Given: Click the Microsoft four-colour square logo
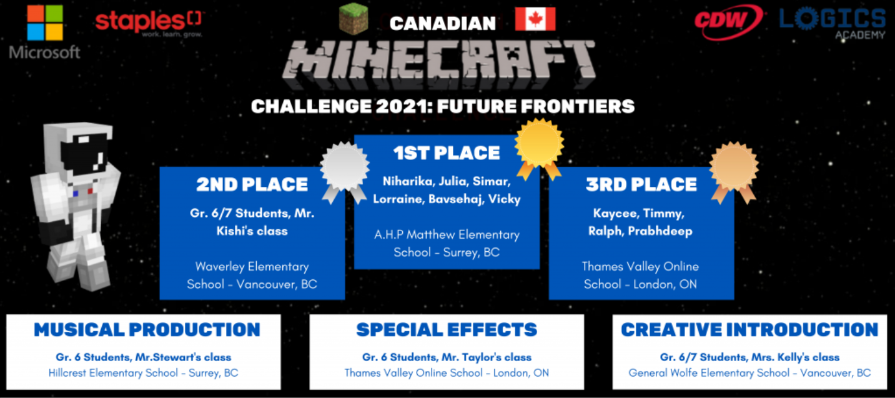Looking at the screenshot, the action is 45,22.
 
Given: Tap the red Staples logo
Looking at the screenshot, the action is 149,24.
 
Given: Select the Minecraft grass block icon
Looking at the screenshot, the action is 354,18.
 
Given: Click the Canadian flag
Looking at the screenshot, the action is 535,19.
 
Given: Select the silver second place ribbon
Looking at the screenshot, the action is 344,171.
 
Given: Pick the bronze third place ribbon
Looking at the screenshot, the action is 734,171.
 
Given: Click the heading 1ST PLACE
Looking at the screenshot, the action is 447,153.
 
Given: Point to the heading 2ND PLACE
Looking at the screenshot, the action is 252,184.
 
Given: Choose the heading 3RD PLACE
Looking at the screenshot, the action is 641,184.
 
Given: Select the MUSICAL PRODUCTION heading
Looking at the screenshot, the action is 147,330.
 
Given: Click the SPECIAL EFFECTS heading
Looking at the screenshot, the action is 447,330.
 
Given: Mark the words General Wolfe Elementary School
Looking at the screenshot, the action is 709,373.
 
